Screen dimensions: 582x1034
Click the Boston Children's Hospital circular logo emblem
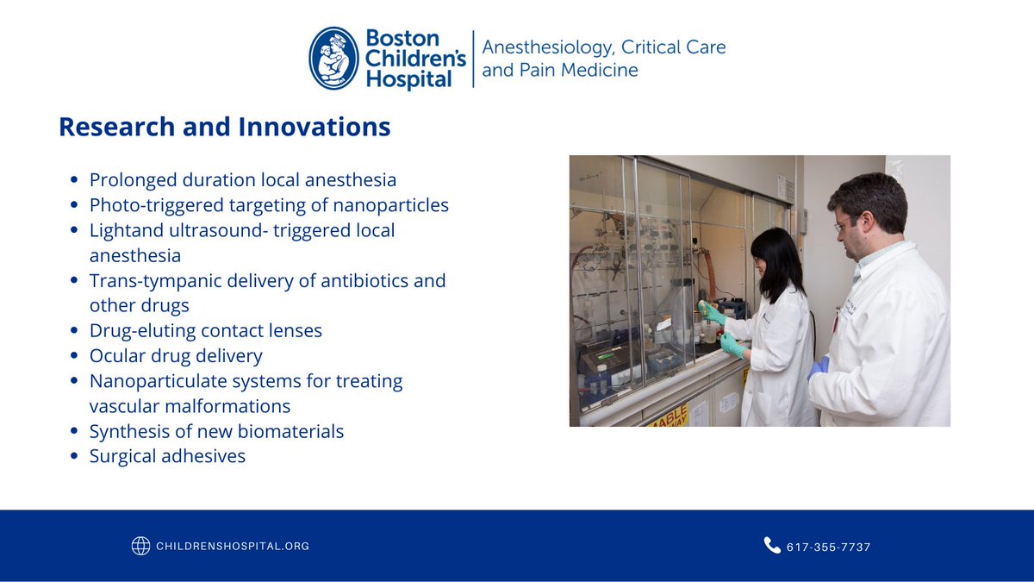click(334, 59)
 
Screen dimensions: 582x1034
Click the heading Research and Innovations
click(224, 128)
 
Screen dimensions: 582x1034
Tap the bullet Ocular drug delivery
click(176, 356)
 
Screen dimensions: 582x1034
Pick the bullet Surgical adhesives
click(167, 456)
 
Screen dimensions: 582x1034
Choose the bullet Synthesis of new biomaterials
click(216, 431)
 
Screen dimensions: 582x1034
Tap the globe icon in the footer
click(140, 546)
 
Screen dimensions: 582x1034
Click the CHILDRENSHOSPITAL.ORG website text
click(233, 546)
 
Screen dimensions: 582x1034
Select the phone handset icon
click(771, 545)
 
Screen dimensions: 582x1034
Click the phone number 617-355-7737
click(828, 547)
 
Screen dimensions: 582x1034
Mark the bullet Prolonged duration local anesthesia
click(243, 180)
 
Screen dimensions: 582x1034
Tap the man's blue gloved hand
click(816, 368)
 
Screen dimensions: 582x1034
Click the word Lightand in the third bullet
click(125, 231)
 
